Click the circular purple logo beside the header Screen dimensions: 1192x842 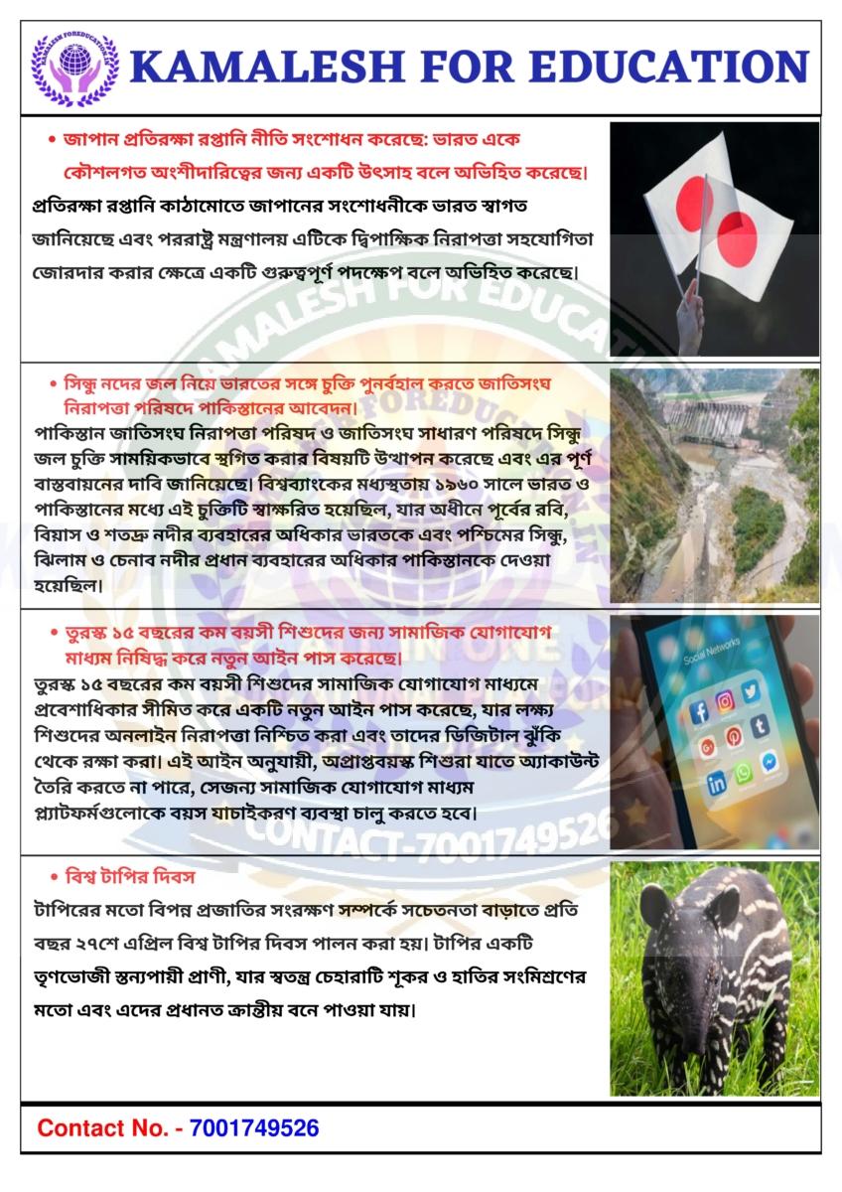(75, 68)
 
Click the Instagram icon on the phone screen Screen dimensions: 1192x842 (726, 700)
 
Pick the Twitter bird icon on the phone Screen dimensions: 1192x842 (751, 691)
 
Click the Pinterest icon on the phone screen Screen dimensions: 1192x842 (735, 736)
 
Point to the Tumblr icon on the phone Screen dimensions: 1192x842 (761, 726)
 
